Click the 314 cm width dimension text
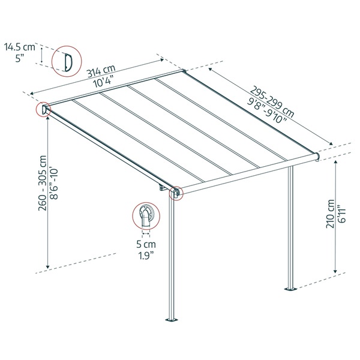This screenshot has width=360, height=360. click(x=101, y=73)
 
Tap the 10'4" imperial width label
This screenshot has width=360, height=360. click(x=106, y=83)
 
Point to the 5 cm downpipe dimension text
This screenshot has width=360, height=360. click(x=146, y=244)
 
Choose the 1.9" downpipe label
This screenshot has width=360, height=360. click(x=146, y=255)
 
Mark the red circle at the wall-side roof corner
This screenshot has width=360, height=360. click(x=45, y=110)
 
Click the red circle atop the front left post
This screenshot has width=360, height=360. click(x=176, y=192)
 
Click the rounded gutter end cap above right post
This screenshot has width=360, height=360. click(x=316, y=157)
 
